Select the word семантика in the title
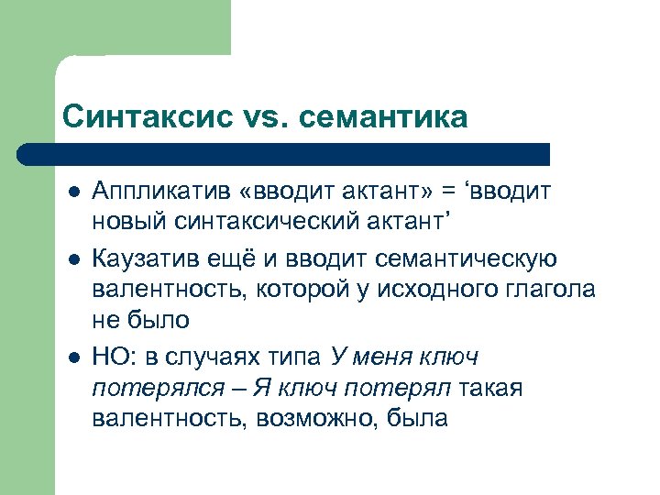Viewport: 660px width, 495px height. pos(384,117)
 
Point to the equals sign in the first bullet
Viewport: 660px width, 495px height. pos(450,189)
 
